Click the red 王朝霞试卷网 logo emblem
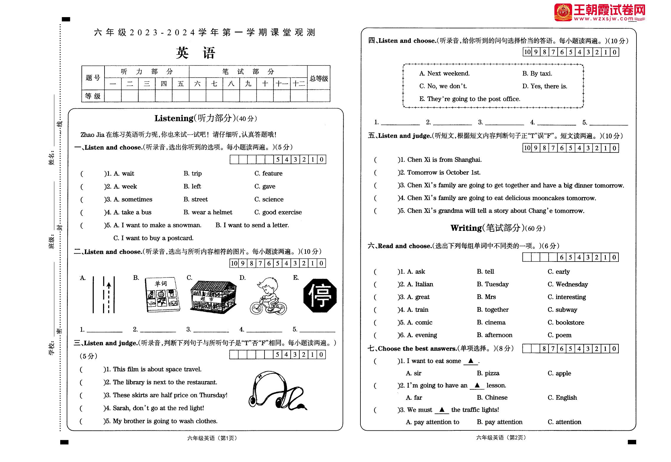(x=563, y=12)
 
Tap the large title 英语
(x=196, y=53)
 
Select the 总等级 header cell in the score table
(x=319, y=78)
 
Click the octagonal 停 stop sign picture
(x=320, y=296)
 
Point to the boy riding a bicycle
(x=268, y=296)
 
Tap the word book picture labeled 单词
(x=162, y=295)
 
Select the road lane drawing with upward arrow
(x=104, y=295)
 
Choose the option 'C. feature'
(x=268, y=174)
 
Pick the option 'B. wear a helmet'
(x=208, y=212)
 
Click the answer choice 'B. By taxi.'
(x=537, y=74)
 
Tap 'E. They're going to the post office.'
(x=469, y=99)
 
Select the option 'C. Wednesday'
(x=568, y=284)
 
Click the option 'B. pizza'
(x=488, y=373)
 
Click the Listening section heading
(x=205, y=118)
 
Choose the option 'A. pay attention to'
(x=432, y=422)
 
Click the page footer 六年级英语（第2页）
(x=501, y=437)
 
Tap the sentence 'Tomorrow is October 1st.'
(x=444, y=172)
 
